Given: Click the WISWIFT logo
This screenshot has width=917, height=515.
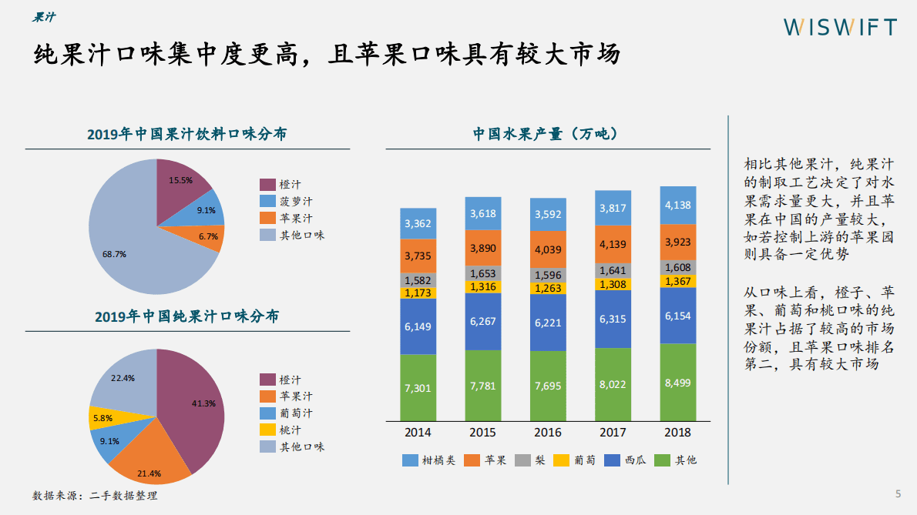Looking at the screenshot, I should (840, 27).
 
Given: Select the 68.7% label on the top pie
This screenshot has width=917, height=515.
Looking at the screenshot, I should (116, 252).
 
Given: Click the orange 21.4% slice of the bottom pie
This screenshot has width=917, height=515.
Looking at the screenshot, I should (149, 460).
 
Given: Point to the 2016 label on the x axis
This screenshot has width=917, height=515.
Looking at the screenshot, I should (548, 432).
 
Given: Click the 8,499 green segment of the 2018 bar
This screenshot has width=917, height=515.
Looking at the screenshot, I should (677, 382).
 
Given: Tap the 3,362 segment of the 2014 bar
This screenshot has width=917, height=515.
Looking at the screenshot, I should (418, 224).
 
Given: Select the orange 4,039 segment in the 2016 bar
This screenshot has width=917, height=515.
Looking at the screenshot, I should (548, 249).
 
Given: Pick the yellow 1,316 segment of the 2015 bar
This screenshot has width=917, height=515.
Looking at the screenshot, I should (483, 287).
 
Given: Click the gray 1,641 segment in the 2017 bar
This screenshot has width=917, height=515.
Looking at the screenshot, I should (613, 270).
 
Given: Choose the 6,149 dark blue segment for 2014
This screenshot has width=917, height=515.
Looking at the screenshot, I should (418, 326).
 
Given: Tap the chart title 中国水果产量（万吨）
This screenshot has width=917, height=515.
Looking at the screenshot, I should (546, 133).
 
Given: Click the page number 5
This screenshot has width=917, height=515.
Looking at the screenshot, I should (897, 493).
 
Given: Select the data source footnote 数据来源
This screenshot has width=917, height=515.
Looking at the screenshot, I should (95, 495).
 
